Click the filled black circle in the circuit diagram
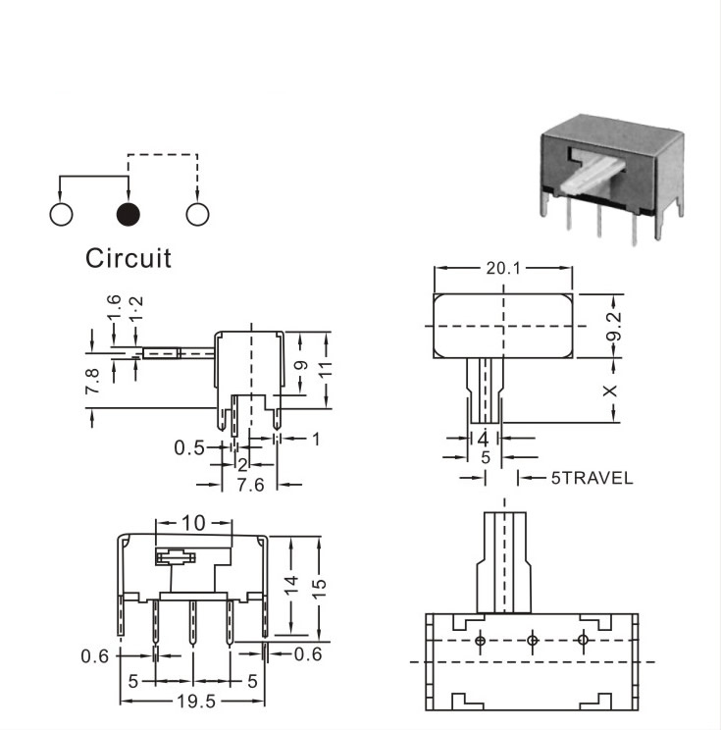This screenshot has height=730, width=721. pos(128,214)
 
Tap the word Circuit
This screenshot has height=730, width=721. pos(129,258)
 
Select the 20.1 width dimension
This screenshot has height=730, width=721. pos(503,268)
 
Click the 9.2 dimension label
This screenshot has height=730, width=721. pos(614,326)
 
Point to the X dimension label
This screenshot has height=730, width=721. pos(610,391)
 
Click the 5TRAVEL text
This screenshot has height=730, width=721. pos(592,478)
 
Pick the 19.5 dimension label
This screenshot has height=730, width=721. pos(196,702)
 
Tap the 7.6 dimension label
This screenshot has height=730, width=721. pos(250,485)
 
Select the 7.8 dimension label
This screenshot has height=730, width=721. pos(92,381)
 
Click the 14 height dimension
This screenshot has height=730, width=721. pos(291,585)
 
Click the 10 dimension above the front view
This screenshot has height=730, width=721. pos(193,523)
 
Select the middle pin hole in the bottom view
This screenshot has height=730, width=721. pos(533,641)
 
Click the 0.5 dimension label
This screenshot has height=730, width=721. pos(189,447)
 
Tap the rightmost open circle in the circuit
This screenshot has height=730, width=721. pos(197,214)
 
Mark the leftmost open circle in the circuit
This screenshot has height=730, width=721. pos(61,214)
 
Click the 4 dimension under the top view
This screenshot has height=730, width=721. pos(484,439)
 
